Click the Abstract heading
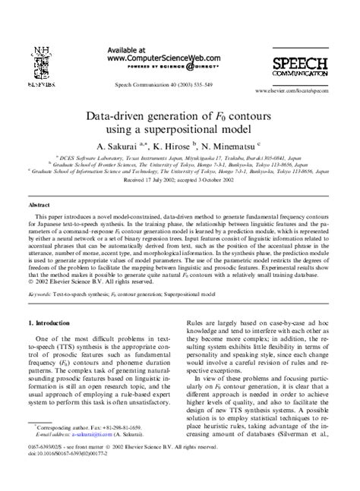click(x=39, y=205)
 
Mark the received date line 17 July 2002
click(x=179, y=182)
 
